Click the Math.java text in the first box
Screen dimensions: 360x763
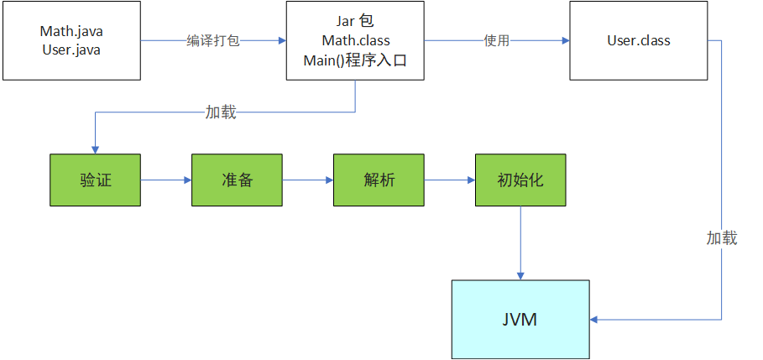coord(71,31)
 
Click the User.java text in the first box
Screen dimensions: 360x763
coord(71,49)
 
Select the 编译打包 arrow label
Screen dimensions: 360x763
coord(212,40)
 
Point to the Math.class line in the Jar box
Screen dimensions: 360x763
coord(355,40)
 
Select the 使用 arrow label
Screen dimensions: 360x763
coord(496,40)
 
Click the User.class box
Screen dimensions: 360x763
coord(638,40)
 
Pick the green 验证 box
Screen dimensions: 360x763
coord(96,180)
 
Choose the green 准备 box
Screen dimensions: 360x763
coord(238,180)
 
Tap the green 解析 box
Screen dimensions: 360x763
coord(379,180)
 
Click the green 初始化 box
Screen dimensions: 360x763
coord(521,180)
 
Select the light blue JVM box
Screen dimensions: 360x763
coord(521,319)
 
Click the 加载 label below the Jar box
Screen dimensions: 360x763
coord(221,112)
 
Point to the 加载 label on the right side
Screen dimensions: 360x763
coord(721,238)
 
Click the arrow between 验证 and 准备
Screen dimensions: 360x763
coord(166,180)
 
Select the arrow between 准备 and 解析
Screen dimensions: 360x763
coord(308,180)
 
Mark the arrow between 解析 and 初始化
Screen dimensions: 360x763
coord(450,180)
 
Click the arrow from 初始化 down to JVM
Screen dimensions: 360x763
coord(521,243)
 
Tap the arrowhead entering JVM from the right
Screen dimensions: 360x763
coord(597,319)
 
